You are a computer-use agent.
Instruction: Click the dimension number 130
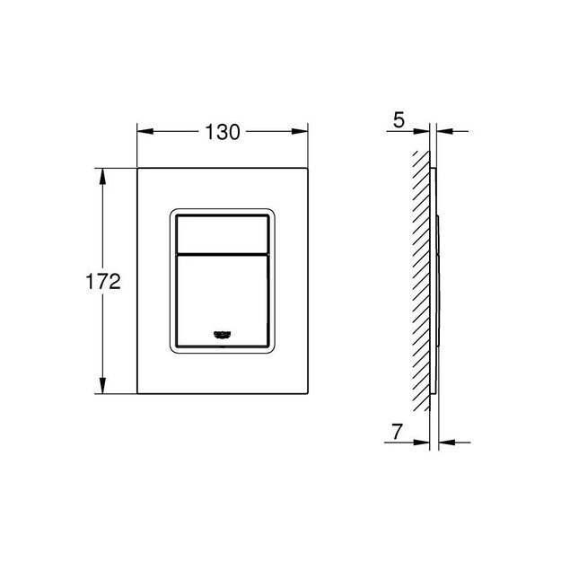point(222,132)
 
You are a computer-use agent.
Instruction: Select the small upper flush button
point(222,234)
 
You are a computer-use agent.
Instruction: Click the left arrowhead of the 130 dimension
point(142,131)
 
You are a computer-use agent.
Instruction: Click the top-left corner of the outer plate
point(137,167)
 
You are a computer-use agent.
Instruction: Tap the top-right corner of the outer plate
point(307,167)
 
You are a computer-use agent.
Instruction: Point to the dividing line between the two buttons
point(222,252)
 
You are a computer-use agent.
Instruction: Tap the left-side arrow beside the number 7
point(423,442)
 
